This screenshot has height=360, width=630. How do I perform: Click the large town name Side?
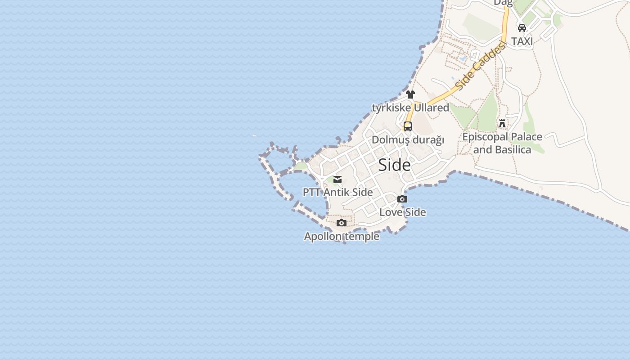(x=394, y=165)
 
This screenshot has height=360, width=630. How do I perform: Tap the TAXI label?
(x=522, y=41)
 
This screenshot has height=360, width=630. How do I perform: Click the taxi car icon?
(x=522, y=28)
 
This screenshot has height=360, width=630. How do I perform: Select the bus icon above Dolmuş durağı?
(x=408, y=126)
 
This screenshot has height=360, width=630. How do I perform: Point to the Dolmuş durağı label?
(x=408, y=140)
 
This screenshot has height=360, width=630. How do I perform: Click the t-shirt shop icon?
(x=410, y=94)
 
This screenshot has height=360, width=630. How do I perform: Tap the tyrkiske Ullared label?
(x=410, y=108)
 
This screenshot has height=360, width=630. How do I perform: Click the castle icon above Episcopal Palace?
(x=502, y=123)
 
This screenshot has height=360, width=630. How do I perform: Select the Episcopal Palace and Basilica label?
(x=502, y=143)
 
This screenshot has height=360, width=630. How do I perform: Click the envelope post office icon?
(x=337, y=180)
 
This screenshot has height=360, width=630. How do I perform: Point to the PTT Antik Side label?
(x=337, y=192)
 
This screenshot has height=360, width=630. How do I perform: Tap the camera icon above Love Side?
(x=402, y=199)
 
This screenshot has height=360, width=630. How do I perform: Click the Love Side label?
(x=403, y=212)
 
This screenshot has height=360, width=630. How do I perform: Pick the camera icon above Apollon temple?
(x=342, y=223)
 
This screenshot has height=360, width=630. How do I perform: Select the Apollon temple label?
(x=342, y=236)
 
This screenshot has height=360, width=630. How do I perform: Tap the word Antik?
(x=337, y=192)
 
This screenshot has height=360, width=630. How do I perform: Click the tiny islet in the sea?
(x=255, y=135)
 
